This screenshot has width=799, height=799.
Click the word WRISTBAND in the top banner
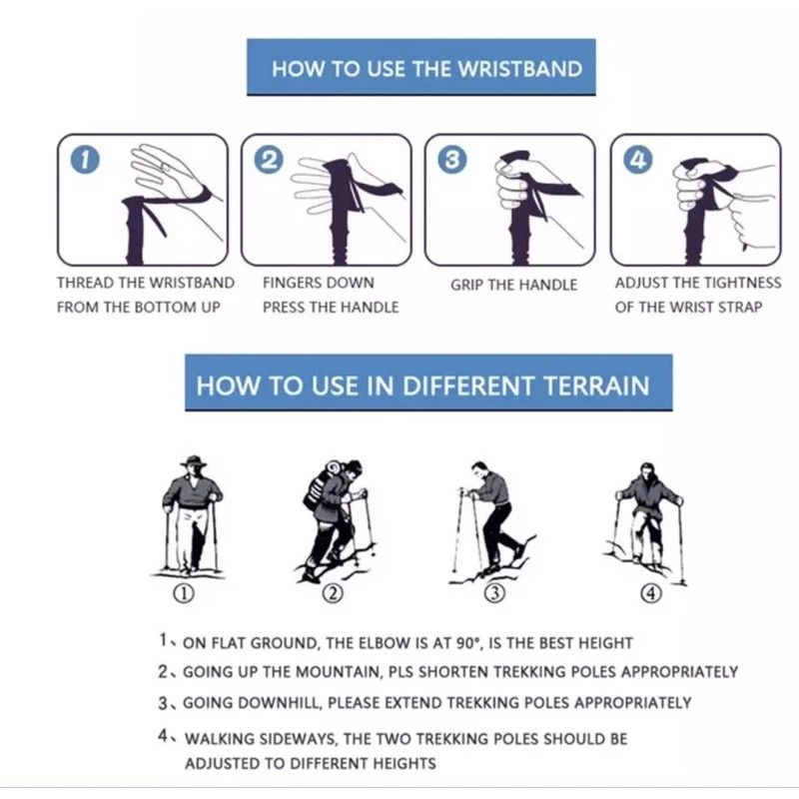(519, 69)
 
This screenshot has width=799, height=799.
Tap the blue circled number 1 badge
(85, 160)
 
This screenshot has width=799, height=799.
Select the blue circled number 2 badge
(269, 160)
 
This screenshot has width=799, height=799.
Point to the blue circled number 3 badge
(452, 160)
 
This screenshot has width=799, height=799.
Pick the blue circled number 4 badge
(638, 160)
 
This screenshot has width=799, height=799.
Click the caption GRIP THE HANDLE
(513, 285)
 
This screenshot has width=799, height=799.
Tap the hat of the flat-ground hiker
(194, 462)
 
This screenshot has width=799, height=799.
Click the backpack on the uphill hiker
(319, 486)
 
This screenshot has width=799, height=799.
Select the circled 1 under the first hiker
(184, 593)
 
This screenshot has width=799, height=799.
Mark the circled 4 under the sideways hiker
(651, 593)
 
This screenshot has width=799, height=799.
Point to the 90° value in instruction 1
(468, 643)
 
